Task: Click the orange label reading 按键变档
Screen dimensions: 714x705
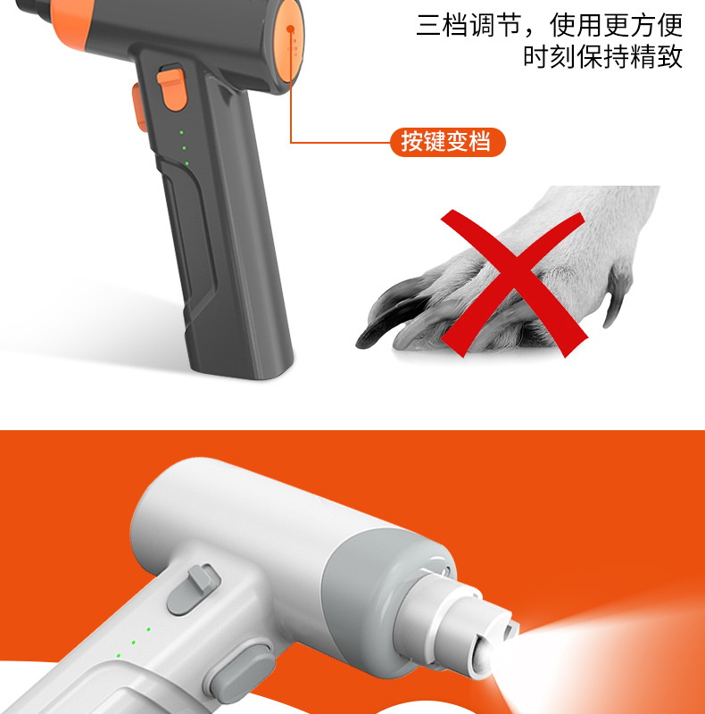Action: coord(447,142)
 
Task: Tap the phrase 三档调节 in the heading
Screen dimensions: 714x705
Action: coord(469,25)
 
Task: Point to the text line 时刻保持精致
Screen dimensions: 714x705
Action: coord(602,57)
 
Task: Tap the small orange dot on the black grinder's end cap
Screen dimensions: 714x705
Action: coord(290,29)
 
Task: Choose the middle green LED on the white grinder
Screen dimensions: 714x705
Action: coord(133,642)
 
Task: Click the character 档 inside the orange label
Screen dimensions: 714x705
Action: coord(482,142)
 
